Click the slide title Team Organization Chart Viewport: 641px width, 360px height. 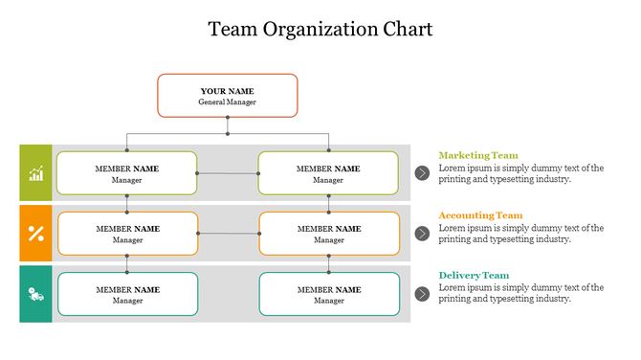(320, 30)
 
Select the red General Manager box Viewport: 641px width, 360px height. (227, 96)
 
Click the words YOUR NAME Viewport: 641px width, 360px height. (227, 91)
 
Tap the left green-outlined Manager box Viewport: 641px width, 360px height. (126, 173)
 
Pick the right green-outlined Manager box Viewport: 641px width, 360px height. (328, 173)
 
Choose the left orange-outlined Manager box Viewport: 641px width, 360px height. (127, 234)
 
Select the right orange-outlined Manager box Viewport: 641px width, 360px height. (329, 234)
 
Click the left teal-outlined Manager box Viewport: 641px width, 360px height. (127, 294)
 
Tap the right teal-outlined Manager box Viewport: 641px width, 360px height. (329, 294)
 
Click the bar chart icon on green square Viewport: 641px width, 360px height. (35, 173)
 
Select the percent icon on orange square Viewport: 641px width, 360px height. (35, 234)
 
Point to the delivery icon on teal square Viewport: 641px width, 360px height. (35, 294)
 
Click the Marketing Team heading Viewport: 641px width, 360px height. (477, 155)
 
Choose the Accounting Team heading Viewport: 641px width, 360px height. (480, 215)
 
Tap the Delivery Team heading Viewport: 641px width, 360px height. (474, 276)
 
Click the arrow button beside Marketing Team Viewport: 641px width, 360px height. (422, 172)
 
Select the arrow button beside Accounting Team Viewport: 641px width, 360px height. (422, 234)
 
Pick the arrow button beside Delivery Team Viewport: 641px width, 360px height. (422, 294)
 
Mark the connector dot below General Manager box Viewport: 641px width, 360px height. (227, 119)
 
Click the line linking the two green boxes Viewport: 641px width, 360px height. (228, 173)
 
